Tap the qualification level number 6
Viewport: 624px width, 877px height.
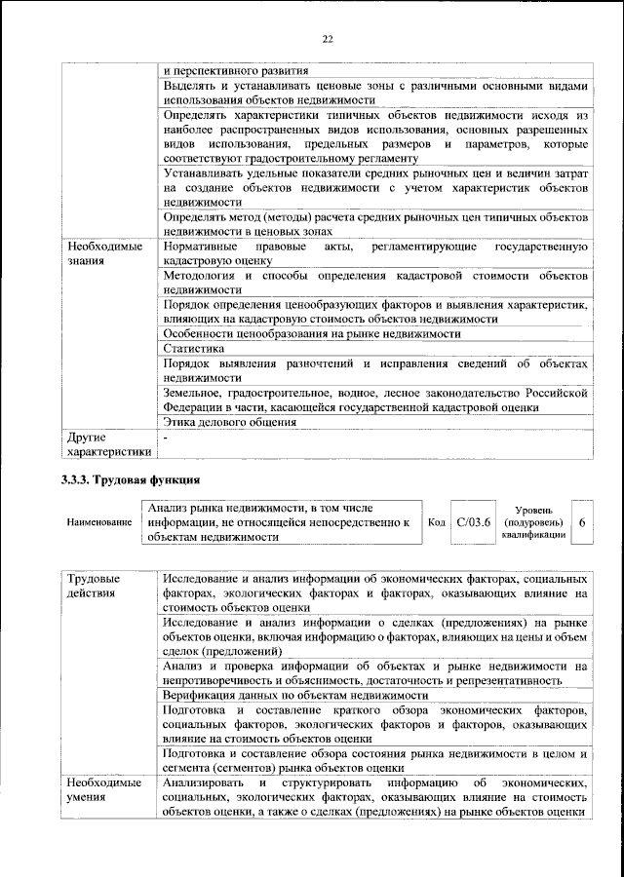[x=582, y=522]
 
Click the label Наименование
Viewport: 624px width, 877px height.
[x=98, y=523]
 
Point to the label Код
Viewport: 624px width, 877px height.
[x=436, y=522]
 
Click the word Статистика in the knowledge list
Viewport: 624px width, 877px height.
[x=194, y=348]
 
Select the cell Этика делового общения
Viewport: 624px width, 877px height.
[x=230, y=422]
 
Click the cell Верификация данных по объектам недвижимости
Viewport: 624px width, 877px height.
[x=295, y=695]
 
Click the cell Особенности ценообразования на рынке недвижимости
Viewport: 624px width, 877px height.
[x=312, y=333]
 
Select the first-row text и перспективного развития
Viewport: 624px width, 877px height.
[x=236, y=71]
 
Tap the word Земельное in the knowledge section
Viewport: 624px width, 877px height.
[x=194, y=393]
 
